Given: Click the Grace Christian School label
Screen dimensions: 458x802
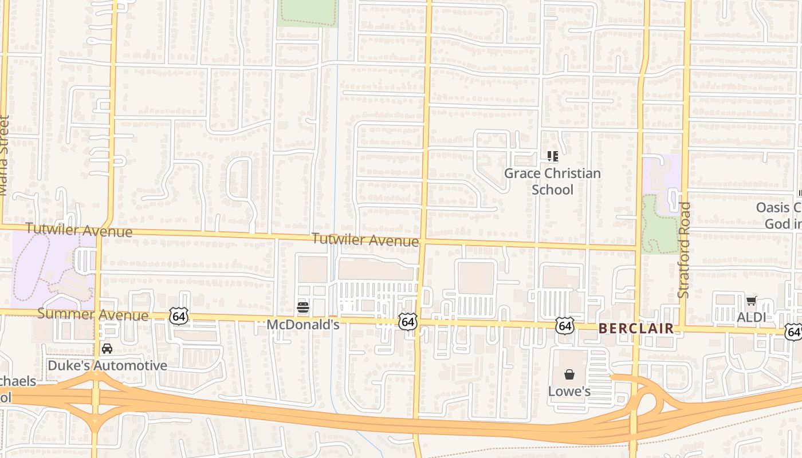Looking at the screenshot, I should coord(552,181).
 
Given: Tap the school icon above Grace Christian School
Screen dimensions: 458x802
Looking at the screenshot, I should coord(552,156).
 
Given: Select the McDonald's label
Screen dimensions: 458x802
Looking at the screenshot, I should coord(303,325).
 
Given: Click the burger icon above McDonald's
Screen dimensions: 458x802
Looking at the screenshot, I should coord(303,308).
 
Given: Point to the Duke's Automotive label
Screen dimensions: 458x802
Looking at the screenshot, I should coord(108,365).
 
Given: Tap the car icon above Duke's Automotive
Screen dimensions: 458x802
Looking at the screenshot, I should coord(107,348).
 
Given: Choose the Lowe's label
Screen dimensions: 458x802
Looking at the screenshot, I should coord(569,392).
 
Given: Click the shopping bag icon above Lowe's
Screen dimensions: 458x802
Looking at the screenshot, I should coord(569,374).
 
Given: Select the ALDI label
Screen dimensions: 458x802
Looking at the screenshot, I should coord(751,317).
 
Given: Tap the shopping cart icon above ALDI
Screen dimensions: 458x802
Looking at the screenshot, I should coord(751,301).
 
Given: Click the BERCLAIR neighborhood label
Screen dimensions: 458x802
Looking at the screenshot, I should coord(636,329).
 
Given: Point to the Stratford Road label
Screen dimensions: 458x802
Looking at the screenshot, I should coord(683,250).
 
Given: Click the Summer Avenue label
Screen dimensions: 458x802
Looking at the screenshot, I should coord(93,314).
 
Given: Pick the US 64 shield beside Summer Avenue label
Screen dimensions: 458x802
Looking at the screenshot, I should coord(179,315).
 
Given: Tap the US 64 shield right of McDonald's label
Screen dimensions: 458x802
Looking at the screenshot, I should coord(408,322).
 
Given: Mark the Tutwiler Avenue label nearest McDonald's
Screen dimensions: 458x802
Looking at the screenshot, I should coord(365,240).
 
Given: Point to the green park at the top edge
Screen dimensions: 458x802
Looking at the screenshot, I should coord(307,11).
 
